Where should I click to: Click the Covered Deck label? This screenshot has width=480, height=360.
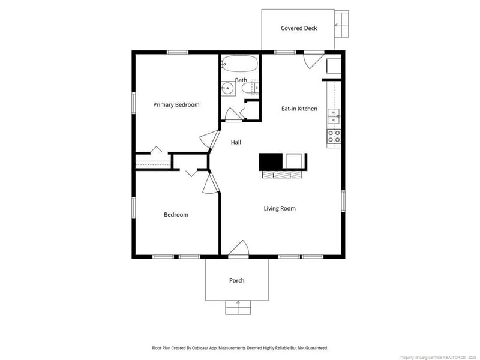pos(298,28)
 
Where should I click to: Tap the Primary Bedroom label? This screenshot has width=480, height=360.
pos(176,105)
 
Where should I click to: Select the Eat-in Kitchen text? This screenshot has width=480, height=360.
pos(299,109)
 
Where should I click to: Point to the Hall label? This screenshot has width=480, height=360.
pos(236,142)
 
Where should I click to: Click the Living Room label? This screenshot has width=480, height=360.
pos(280,209)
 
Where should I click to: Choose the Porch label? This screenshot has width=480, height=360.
pos(236,280)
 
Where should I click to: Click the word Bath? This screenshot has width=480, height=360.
pos(241,80)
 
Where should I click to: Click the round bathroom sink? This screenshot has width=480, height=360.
pos(227,89)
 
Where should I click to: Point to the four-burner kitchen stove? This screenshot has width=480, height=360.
pos(334,136)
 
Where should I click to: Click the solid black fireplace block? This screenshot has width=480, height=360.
pos(271,161)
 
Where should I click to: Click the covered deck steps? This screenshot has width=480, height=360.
pos(343,25)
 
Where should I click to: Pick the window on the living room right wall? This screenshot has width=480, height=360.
pos(343,200)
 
